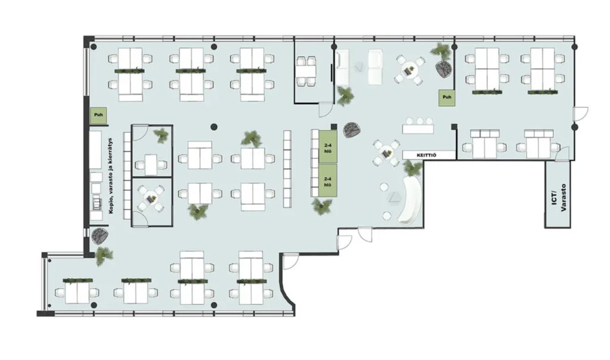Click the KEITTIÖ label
click(x=427, y=156)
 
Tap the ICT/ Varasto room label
click(x=559, y=198)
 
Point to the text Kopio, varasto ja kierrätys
click(x=111, y=175)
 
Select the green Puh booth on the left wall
click(x=98, y=115)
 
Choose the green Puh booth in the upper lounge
click(x=447, y=97)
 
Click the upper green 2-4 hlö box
click(x=328, y=147)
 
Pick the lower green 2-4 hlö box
click(x=328, y=181)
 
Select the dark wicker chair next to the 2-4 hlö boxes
click(x=352, y=129)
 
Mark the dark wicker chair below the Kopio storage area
click(x=99, y=236)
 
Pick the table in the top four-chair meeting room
click(x=306, y=71)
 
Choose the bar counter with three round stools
click(x=418, y=128)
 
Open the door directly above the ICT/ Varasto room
click(x=562, y=154)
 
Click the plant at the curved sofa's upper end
click(x=412, y=168)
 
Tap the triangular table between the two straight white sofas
click(x=358, y=67)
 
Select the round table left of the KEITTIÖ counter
click(x=385, y=153)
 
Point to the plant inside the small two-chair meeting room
click(x=161, y=135)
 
